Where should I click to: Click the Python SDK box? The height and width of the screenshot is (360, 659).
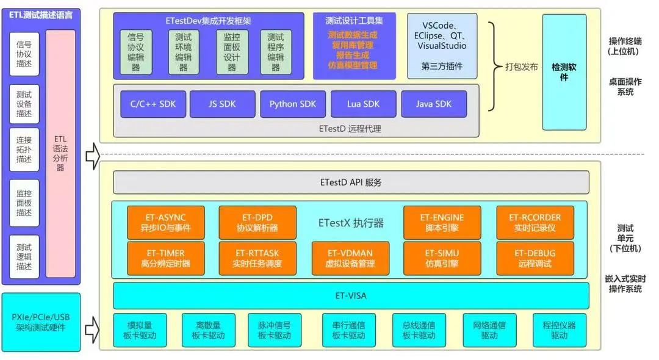pyautogui.click(x=293, y=104)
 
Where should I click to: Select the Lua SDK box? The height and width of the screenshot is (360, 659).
pyautogui.click(x=364, y=104)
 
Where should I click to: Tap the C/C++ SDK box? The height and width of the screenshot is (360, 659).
pyautogui.click(x=153, y=104)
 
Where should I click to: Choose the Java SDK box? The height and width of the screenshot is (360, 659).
pyautogui.click(x=434, y=104)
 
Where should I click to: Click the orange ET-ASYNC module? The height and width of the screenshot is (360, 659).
pyautogui.click(x=166, y=223)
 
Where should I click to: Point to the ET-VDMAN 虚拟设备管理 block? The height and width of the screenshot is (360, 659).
pyautogui.click(x=350, y=259)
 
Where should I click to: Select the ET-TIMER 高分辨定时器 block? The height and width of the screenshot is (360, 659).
pyautogui.click(x=166, y=259)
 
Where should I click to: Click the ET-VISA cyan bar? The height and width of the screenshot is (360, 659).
pyautogui.click(x=351, y=296)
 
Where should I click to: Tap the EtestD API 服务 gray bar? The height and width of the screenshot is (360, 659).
pyautogui.click(x=351, y=182)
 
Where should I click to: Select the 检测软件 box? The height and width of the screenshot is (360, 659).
pyautogui.click(x=564, y=72)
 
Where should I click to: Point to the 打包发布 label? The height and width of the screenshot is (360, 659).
pyautogui.click(x=522, y=67)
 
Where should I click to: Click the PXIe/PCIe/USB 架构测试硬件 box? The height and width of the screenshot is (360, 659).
pyautogui.click(x=40, y=322)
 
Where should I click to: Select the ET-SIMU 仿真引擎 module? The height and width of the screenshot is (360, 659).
pyautogui.click(x=442, y=259)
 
